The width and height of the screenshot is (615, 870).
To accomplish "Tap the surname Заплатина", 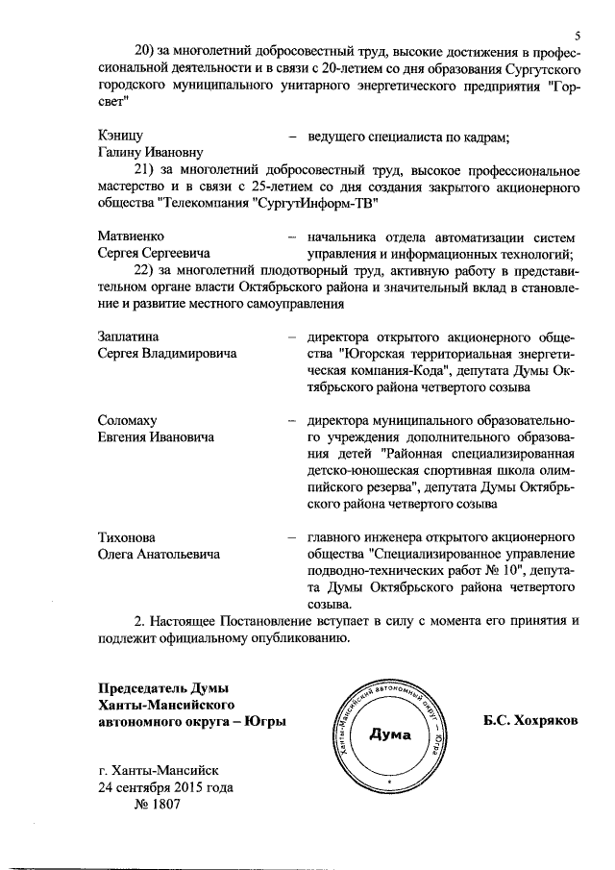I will pyautogui.click(x=129, y=336).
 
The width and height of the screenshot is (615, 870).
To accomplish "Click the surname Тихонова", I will pyautogui.click(x=127, y=536).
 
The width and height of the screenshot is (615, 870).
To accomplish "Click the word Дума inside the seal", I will pyautogui.click(x=390, y=735).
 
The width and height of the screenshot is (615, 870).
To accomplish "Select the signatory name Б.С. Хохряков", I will pyautogui.click(x=530, y=720).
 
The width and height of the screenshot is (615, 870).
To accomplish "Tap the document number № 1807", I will pyautogui.click(x=155, y=804).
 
